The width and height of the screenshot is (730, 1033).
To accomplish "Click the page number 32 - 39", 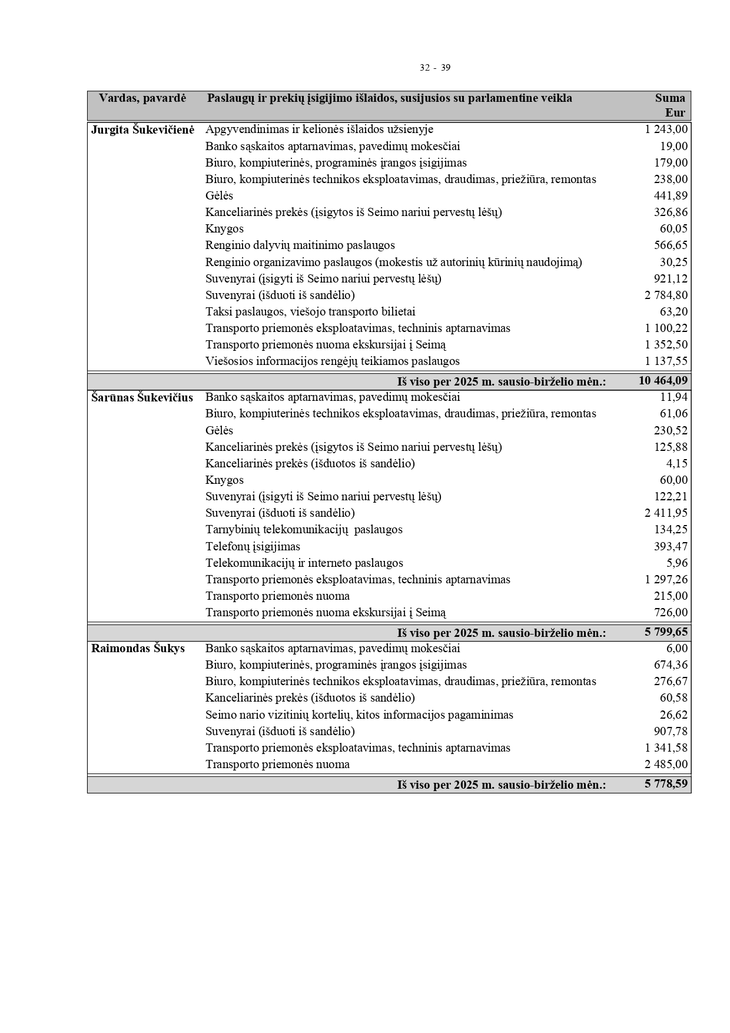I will click(434, 68).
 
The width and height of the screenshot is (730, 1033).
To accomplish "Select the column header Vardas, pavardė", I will click(142, 98).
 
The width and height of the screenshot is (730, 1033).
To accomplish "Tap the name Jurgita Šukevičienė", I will click(142, 129).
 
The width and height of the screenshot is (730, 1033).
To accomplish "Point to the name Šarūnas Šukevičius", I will click(142, 397).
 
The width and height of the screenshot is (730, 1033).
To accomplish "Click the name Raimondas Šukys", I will click(138, 649).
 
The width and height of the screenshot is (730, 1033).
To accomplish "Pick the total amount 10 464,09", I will click(663, 381).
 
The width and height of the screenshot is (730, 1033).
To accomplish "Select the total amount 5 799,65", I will click(666, 632).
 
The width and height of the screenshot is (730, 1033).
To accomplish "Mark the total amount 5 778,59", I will click(666, 784).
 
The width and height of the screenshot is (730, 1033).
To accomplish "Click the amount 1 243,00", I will click(666, 129).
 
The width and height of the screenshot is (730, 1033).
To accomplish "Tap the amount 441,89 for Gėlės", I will click(671, 195).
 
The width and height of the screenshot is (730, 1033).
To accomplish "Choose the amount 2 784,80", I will click(666, 295).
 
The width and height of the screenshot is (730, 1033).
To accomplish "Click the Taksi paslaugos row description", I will click(310, 311).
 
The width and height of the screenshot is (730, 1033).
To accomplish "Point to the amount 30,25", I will click(673, 262).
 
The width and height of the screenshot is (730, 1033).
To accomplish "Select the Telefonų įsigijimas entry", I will click(253, 546).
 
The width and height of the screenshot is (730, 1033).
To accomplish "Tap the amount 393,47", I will click(671, 546).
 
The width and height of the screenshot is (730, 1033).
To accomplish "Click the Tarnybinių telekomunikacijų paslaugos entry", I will click(304, 529).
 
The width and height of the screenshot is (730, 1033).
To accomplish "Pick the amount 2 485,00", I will click(666, 764).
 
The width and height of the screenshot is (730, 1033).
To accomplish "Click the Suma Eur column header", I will click(670, 105).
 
